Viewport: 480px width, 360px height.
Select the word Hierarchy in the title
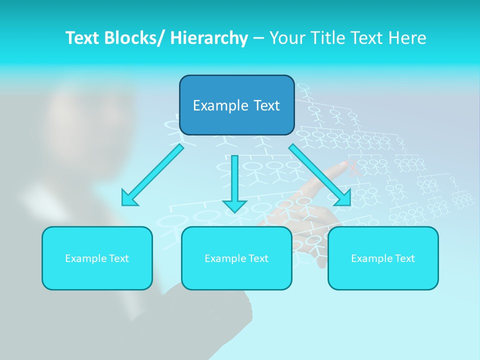click(209, 38)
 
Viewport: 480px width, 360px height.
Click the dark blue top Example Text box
click(236, 105)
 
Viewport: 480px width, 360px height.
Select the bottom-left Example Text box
click(97, 258)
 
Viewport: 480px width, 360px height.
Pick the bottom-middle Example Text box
click(236, 258)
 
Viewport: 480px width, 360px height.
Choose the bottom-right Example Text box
click(383, 258)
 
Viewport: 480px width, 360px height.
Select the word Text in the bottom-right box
click(404, 258)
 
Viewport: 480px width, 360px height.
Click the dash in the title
click(258, 38)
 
